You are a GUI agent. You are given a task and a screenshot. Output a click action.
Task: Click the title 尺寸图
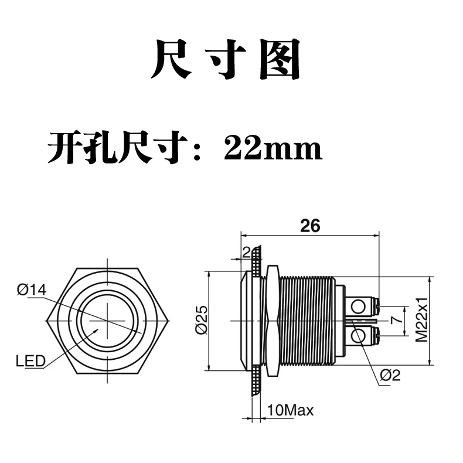point(226,59)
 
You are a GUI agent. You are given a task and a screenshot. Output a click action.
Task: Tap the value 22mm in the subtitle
point(273,148)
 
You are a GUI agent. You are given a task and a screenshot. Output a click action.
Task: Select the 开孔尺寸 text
point(118,148)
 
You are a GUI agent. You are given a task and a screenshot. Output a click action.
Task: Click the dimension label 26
point(310,226)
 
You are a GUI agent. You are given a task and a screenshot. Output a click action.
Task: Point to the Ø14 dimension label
point(32,290)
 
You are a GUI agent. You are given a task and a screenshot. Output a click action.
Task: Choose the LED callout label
point(30,361)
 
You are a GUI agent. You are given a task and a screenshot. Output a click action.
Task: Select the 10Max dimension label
point(290,410)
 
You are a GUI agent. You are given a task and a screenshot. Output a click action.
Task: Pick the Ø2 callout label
point(390,375)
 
